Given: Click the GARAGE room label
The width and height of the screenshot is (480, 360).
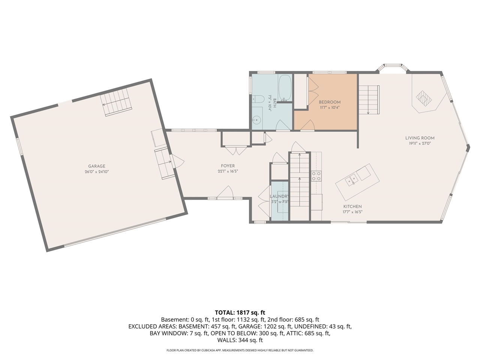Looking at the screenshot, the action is pos(97,166).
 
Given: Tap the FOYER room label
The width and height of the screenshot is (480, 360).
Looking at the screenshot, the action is pos(228,166).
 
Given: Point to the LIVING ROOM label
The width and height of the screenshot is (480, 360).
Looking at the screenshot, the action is pos(420,138).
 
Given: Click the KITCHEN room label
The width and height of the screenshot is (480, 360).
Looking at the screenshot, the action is pos(352,206).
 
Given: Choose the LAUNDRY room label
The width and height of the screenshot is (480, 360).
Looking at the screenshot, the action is pos(279,196).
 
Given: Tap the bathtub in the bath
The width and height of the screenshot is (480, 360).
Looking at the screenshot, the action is pos(285,88).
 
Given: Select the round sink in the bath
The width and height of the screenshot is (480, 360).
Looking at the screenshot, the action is pos(255,120).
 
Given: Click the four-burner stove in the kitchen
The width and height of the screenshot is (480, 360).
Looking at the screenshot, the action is pos(316,176).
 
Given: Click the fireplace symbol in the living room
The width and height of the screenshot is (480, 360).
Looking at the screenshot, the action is pos(424,98).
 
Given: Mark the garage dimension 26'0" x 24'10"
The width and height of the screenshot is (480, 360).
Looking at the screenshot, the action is pos(97,172).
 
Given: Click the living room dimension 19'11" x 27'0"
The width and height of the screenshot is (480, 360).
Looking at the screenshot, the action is pos(420,143).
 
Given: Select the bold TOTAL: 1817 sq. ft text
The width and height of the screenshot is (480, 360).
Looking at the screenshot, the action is pos(240,313).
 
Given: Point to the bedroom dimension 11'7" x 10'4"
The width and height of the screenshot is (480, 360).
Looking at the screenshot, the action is pos(330,108).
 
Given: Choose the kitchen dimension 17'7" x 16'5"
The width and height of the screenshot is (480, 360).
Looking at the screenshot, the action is pos(352,212).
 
